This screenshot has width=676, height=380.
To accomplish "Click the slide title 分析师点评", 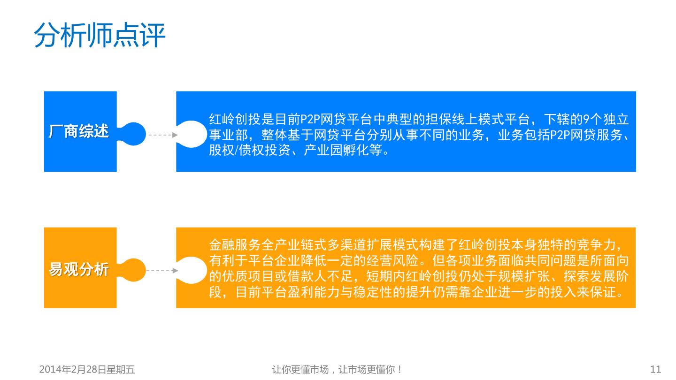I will point(100,35).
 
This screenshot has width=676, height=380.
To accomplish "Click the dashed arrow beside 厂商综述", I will point(162,135).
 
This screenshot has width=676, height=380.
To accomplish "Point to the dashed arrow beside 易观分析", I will point(162,271).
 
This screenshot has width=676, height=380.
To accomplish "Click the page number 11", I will point(655,369).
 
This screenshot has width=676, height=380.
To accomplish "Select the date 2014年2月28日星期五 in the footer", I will point(87,369).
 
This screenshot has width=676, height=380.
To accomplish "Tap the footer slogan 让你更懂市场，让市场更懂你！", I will point(338,369).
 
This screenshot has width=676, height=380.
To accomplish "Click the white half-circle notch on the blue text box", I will point(192,135).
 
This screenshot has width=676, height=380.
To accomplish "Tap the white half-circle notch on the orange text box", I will point(192,270).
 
